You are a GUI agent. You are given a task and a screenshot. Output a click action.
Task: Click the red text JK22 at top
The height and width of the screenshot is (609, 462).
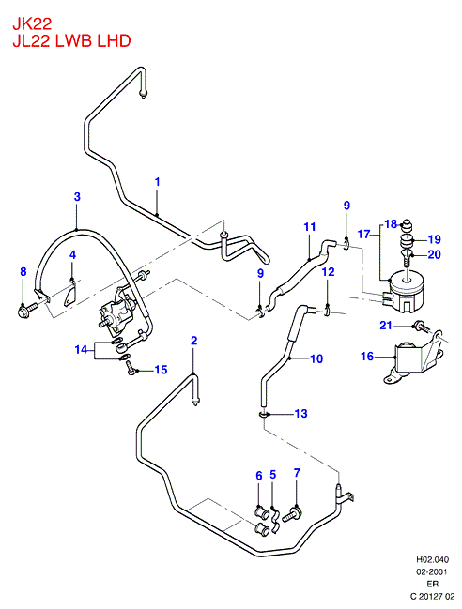32,24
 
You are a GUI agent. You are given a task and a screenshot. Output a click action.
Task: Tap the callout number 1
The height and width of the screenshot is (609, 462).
158,182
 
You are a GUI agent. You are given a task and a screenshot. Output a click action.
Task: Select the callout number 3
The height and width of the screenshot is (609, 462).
77,196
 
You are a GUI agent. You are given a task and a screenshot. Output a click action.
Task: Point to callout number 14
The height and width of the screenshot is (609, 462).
81,350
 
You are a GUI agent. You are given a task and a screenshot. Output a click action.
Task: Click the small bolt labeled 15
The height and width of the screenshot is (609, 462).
131,368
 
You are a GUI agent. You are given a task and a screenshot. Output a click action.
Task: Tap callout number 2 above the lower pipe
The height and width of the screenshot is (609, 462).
193,341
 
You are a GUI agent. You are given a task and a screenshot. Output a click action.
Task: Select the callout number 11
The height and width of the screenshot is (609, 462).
309,226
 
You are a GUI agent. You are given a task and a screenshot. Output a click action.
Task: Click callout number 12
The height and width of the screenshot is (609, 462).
329,271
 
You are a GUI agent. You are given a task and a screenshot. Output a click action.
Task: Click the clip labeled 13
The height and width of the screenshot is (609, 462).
264,415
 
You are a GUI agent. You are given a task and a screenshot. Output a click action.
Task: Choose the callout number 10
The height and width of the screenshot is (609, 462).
316,358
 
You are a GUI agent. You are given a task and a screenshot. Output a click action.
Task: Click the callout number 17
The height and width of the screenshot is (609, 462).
363,235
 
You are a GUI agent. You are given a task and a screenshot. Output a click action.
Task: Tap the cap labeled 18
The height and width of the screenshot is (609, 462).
407,226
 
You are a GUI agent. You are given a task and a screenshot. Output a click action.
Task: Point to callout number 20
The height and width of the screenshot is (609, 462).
434,254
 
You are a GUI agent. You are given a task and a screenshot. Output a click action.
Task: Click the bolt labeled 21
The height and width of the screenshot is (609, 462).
422,327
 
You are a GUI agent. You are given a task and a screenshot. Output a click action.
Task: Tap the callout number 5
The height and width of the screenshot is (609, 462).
272,475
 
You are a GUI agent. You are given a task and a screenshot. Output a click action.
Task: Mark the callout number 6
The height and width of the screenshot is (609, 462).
259,476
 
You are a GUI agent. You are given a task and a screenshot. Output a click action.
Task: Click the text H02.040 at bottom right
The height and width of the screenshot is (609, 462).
433,559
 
